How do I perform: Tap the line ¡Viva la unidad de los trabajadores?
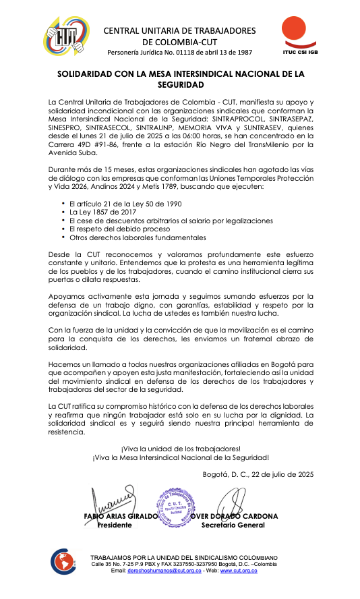click(x=181, y=448)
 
